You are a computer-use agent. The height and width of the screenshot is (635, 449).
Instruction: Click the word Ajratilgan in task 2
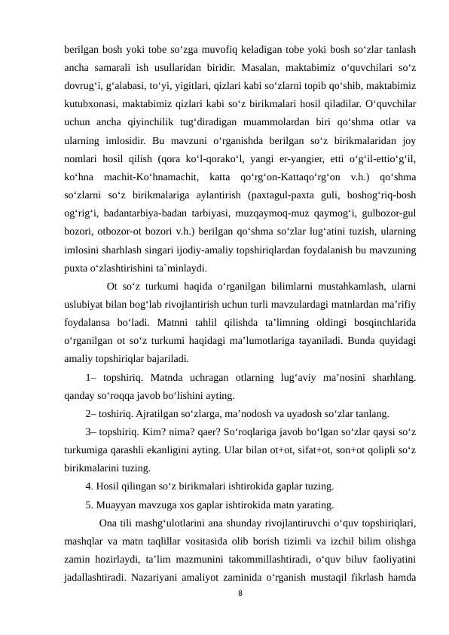coord(155,414)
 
